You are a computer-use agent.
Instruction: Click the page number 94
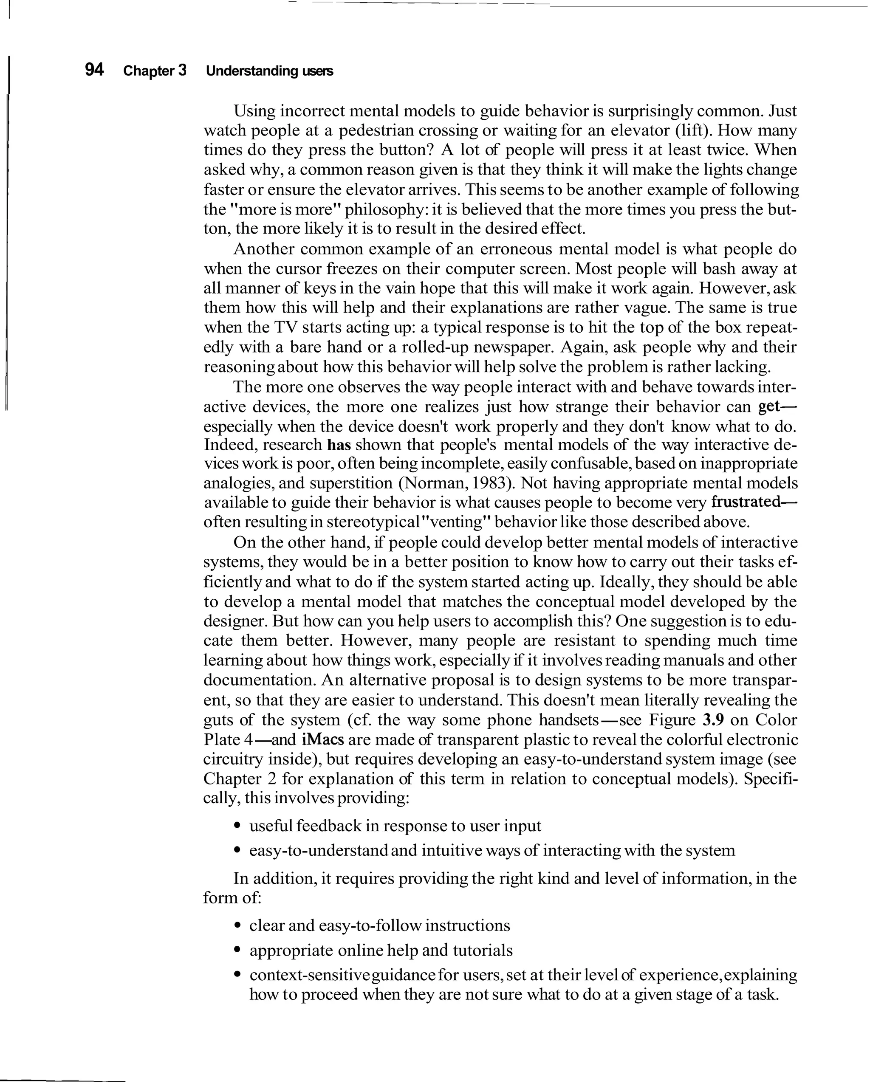pos(94,70)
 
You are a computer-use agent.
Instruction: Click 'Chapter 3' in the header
pos(155,71)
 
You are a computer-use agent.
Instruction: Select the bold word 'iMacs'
pos(323,739)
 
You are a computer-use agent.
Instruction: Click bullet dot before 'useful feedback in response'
pos(237,827)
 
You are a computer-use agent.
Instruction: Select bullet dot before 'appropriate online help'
pos(237,951)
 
